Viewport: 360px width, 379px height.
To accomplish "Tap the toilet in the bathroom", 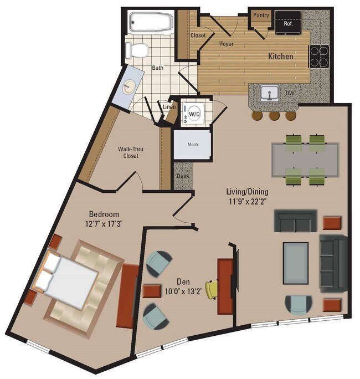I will (x=137, y=52).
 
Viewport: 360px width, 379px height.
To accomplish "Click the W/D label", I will (x=194, y=114).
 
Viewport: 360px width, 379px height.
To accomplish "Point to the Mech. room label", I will (x=193, y=145).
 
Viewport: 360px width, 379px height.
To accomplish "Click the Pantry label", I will (x=261, y=16).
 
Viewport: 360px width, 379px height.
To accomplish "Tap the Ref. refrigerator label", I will (x=288, y=24).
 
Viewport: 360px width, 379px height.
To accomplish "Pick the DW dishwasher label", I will (x=290, y=94).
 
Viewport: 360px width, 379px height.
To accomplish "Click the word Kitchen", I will (x=281, y=57).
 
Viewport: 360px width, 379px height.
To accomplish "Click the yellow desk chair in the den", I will (x=212, y=289).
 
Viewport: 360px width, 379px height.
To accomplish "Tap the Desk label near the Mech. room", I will (x=182, y=176).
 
